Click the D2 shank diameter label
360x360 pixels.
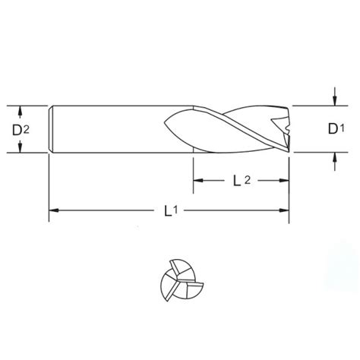(21, 130)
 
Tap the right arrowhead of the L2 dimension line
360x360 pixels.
(286, 181)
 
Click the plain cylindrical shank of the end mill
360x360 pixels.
(114, 129)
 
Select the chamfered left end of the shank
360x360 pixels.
(51, 129)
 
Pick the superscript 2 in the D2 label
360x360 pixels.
(27, 127)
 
